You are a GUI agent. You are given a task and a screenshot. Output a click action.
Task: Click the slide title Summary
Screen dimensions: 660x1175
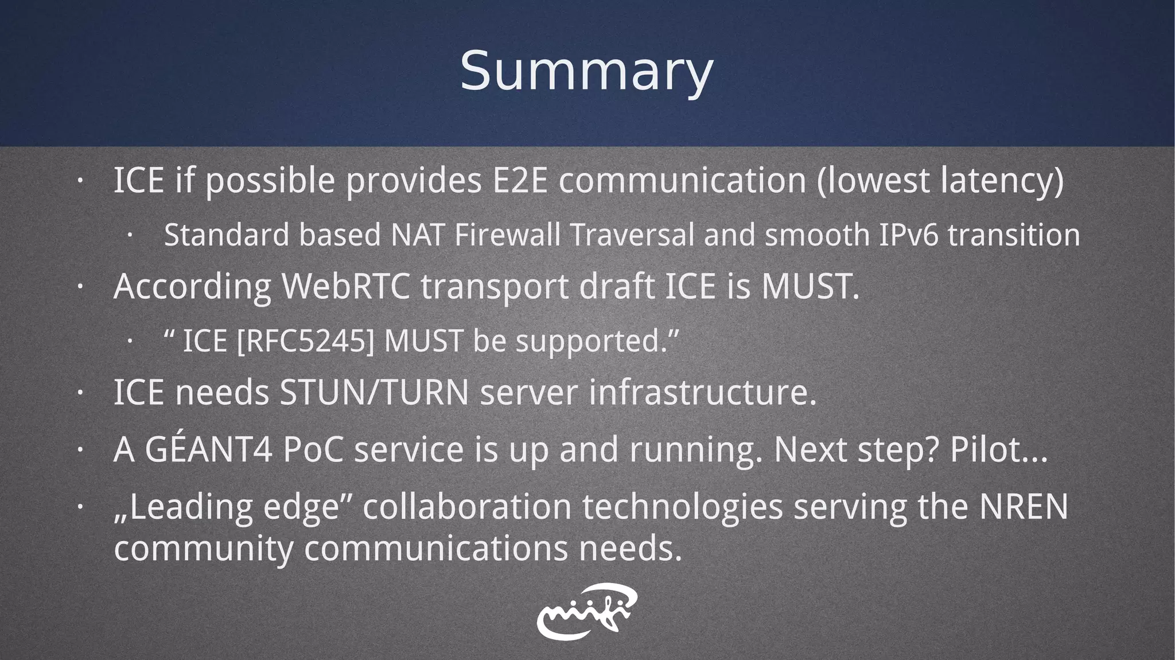[586, 72]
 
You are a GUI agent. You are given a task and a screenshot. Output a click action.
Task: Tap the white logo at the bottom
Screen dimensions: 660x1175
[586, 611]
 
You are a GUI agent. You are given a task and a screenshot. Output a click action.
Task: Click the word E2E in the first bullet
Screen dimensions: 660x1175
[520, 180]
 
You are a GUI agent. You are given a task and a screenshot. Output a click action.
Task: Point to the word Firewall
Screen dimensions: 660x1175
[507, 235]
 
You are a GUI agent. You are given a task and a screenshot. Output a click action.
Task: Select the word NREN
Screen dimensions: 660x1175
[1024, 507]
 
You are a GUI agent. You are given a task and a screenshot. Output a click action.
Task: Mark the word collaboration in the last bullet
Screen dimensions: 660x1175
[467, 507]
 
